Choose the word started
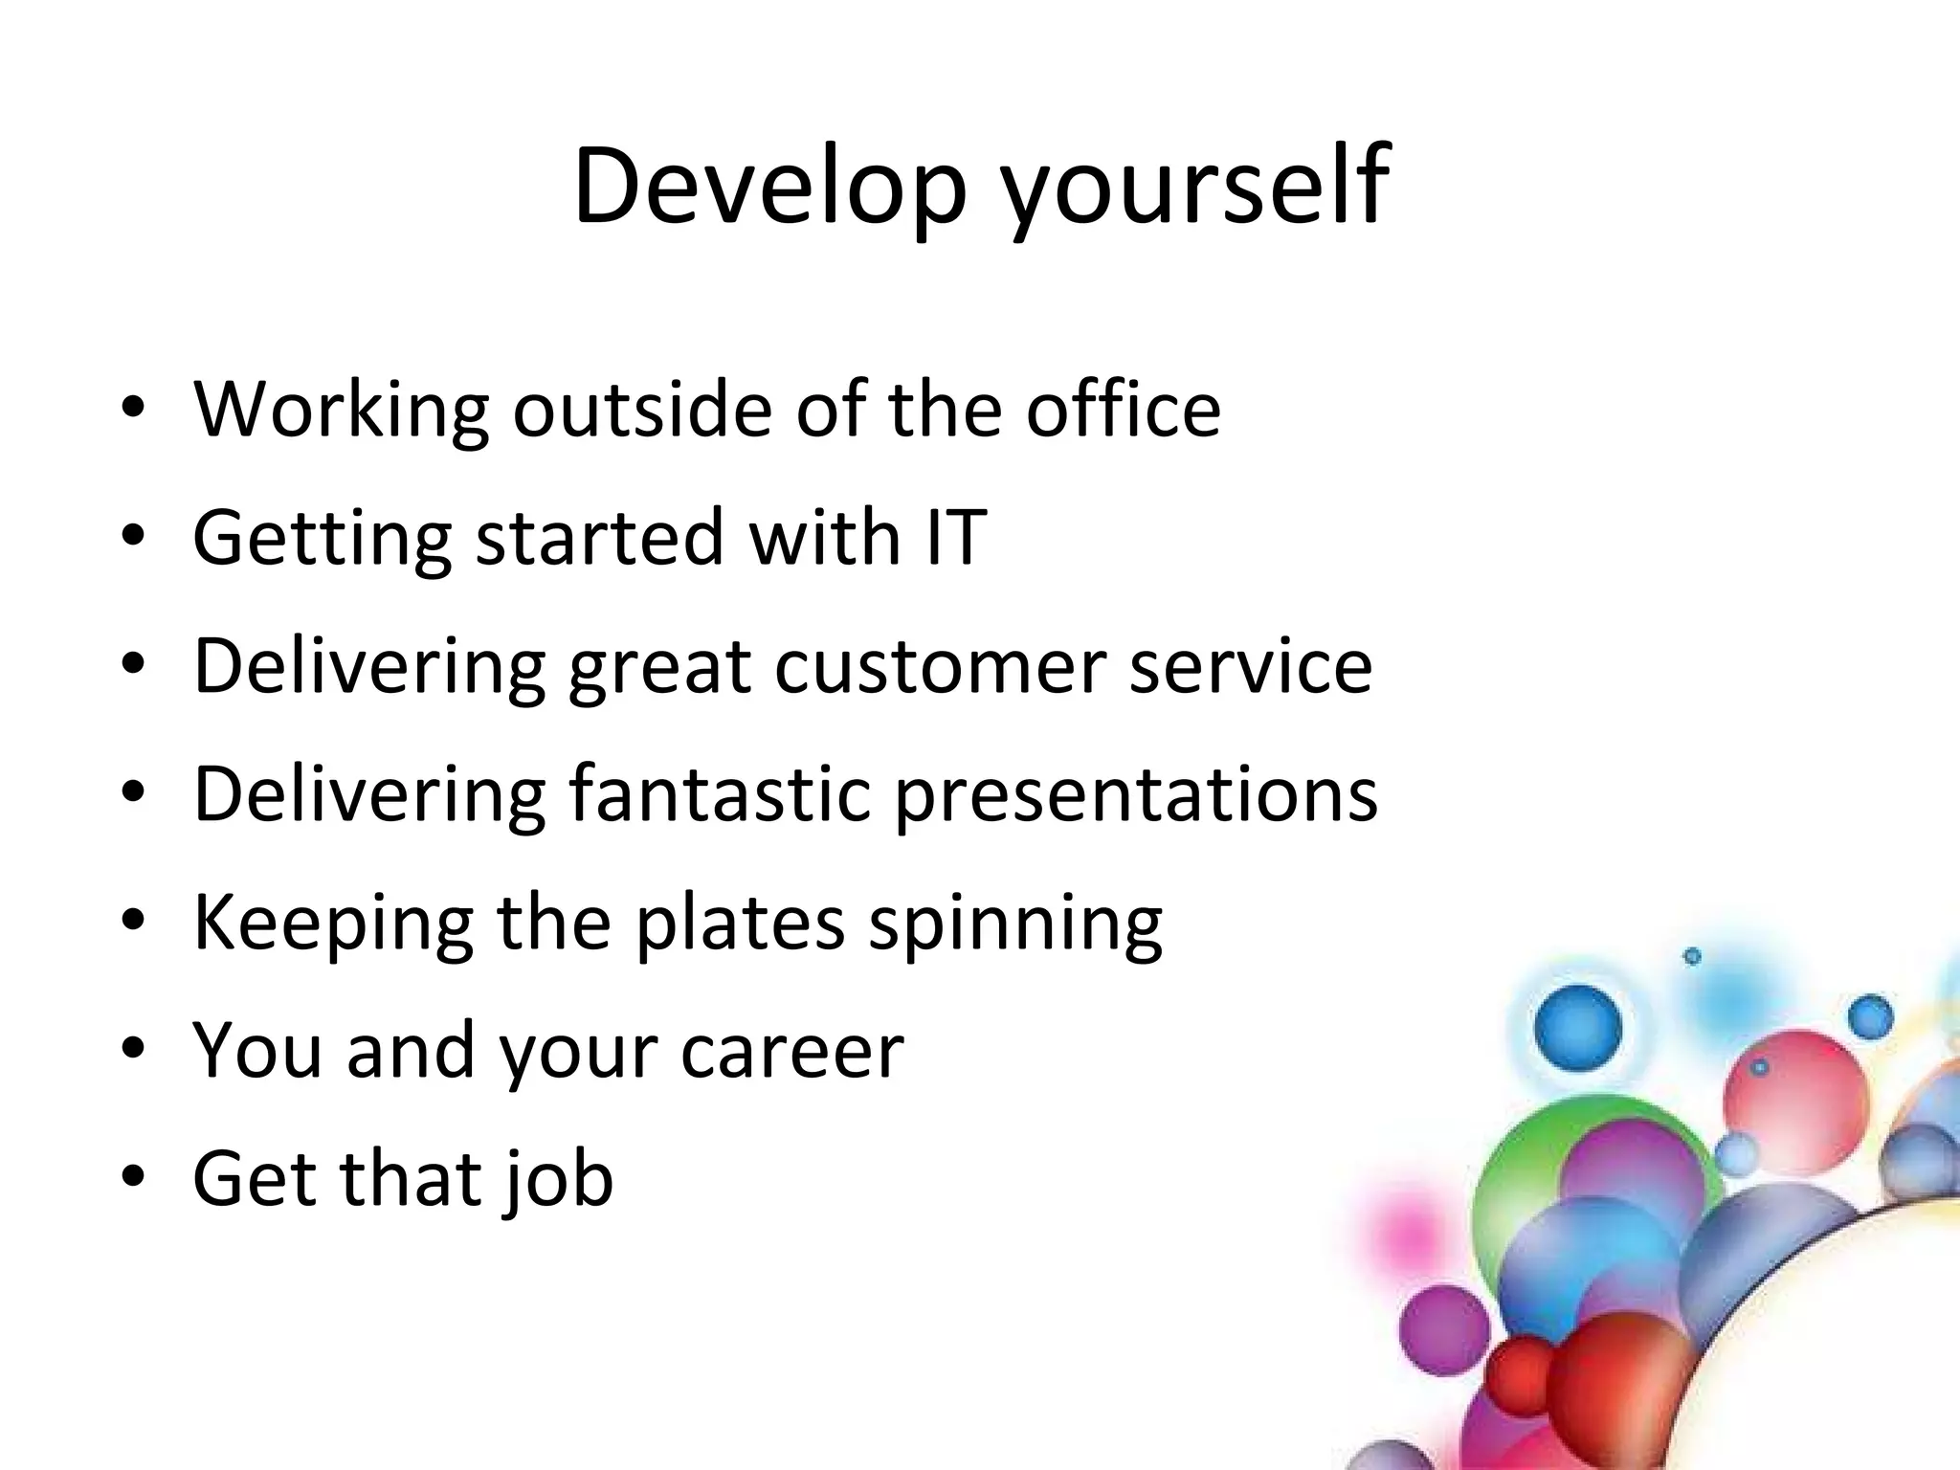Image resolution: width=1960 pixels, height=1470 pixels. tap(600, 538)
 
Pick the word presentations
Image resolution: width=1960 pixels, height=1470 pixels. tap(1136, 793)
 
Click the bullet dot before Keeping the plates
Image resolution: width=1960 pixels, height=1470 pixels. tap(133, 920)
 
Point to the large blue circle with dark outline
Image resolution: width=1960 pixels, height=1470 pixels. tap(1578, 1028)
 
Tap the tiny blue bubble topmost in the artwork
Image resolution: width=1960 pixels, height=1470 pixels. tap(1692, 956)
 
